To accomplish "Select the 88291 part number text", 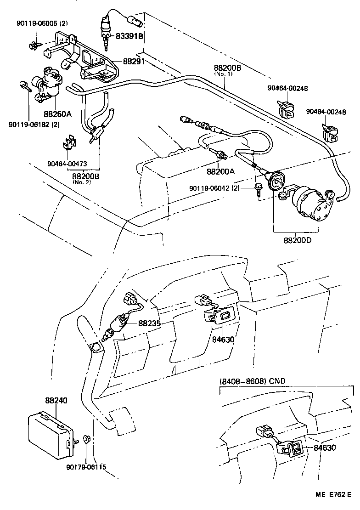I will point(134,61).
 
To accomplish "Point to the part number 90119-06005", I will point(42,23).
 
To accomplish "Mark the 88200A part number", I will point(220,171).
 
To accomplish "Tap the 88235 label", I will point(150,323).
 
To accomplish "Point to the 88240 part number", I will point(56,401).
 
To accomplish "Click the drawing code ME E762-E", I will point(333,494).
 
